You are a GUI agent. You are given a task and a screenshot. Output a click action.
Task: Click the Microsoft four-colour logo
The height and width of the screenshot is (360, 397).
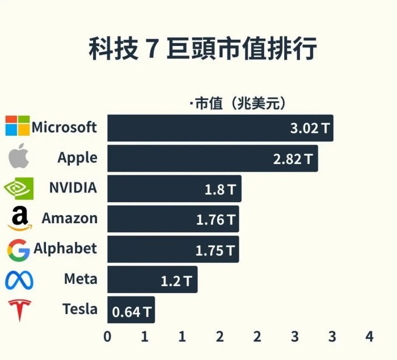coord(17,126)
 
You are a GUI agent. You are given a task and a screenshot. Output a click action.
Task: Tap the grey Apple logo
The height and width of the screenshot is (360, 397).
coord(19,157)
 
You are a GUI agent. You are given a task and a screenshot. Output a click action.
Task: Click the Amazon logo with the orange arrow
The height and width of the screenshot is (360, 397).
coord(19,219)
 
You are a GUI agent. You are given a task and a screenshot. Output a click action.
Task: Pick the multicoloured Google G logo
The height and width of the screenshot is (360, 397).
coord(19,249)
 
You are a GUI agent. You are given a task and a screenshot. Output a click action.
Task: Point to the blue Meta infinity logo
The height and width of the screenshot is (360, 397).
coord(19,280)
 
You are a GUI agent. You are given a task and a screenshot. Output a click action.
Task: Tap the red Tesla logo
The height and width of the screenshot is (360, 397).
coord(19,310)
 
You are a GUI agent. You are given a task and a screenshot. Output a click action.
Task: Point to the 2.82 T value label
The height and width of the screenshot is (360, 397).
coord(292,159)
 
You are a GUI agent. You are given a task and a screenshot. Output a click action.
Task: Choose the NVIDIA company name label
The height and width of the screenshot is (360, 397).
coord(73,188)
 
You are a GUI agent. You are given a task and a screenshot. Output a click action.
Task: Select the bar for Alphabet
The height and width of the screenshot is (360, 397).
coord(173,250)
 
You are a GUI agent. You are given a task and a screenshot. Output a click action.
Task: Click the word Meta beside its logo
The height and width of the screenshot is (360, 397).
coord(81,279)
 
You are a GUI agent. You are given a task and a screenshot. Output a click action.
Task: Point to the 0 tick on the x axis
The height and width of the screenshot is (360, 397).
coord(107,336)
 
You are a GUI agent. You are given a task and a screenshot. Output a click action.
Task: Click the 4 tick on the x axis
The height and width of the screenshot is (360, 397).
coord(369,336)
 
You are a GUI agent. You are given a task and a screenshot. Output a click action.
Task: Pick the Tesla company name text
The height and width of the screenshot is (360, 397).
coord(80,310)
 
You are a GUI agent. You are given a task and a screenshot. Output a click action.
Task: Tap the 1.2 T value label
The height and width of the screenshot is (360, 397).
coord(176,281)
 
